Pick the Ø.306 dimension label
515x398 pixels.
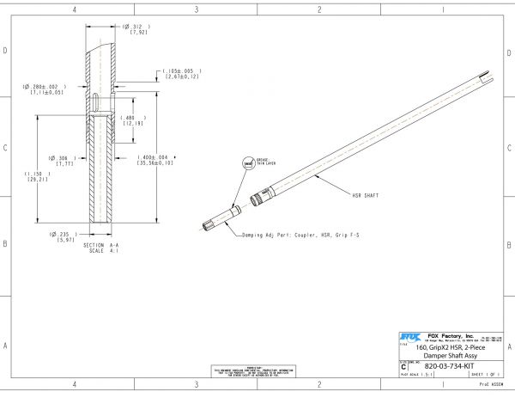pos(65,158)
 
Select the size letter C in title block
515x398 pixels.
pos(404,366)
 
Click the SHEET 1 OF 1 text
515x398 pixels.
pos(484,376)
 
